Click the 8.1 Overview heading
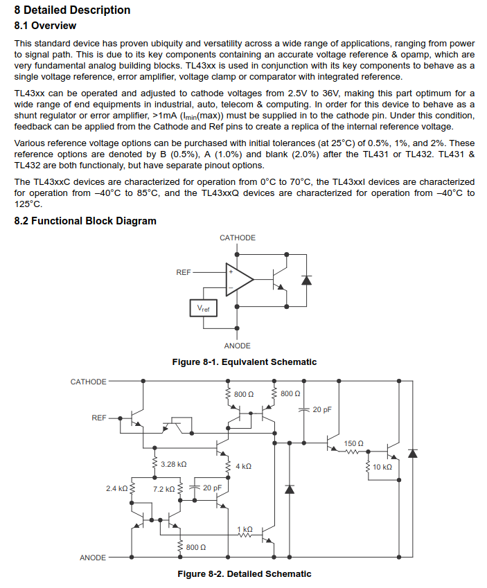coord(45,26)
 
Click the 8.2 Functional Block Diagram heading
coord(85,221)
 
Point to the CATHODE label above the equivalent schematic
coord(238,238)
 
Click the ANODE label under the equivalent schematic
coord(238,346)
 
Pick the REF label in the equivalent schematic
coord(184,273)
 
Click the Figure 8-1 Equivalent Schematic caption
coord(244,362)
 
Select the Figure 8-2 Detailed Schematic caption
coord(244,574)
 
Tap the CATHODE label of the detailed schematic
coord(89,382)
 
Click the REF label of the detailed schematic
coord(99,418)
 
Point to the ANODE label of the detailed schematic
coord(93,558)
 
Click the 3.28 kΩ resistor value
coord(173,464)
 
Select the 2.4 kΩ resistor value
coord(116,489)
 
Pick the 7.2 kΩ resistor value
coord(164,489)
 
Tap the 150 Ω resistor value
coord(354,443)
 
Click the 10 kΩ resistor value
coord(382,467)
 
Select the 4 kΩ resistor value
coord(243,467)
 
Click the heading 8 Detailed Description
coord(72,10)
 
